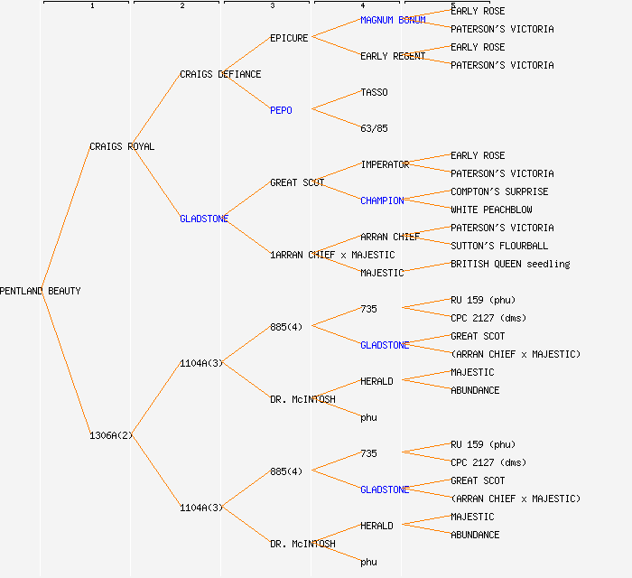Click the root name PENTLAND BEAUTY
[40, 291]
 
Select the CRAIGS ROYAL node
[122, 146]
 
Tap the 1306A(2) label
[111, 435]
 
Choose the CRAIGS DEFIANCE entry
[220, 74]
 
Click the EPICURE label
[289, 38]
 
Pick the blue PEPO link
[281, 110]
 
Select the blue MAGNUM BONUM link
[393, 20]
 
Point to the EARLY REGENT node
[393, 56]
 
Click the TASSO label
[374, 92]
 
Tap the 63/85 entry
[374, 128]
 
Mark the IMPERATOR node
[385, 164]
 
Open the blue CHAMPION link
[382, 200]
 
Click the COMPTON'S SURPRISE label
[499, 191]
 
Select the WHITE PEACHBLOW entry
[491, 210]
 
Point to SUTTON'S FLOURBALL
[499, 246]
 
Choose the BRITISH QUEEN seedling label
[510, 264]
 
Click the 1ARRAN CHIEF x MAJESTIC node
[332, 255]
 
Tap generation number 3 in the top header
[272, 6]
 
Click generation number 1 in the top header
[91, 6]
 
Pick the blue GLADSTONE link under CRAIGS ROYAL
[204, 219]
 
